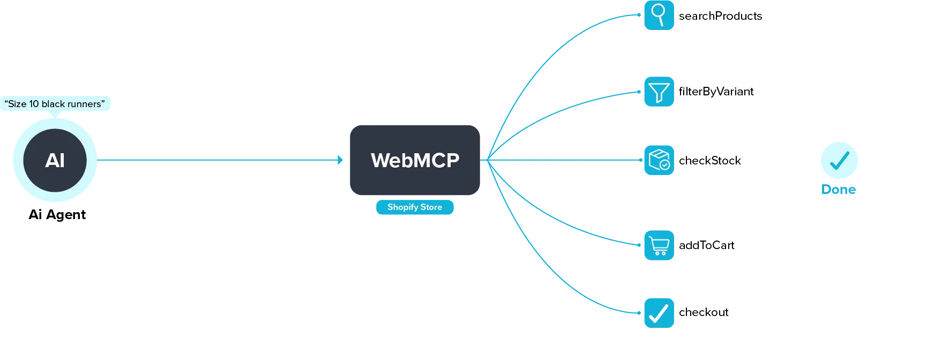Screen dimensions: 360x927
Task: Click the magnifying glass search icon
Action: (659, 14)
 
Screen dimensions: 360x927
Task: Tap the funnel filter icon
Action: (659, 92)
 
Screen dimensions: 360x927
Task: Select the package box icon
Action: (659, 160)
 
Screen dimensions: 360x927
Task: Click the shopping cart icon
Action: (659, 246)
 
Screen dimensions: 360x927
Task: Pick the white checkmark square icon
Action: (659, 313)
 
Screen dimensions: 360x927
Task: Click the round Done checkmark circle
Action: (839, 161)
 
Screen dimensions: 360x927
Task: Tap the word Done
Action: (839, 190)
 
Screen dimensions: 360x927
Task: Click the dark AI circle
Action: (55, 160)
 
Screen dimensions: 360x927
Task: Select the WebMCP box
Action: (414, 160)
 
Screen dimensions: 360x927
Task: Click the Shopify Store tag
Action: (414, 207)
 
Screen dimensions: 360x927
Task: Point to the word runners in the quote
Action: (84, 104)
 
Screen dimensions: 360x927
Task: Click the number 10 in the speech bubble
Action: (34, 104)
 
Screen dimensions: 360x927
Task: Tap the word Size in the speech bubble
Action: (17, 104)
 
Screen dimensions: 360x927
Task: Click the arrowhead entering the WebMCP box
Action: (339, 160)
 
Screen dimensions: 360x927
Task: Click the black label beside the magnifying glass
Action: (720, 16)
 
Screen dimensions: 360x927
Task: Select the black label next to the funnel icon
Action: (715, 92)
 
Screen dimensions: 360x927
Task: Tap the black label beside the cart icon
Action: (707, 246)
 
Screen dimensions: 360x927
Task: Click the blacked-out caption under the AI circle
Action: (56, 215)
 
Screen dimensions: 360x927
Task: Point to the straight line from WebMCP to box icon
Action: (563, 160)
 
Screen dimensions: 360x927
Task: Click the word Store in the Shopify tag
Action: (431, 207)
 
